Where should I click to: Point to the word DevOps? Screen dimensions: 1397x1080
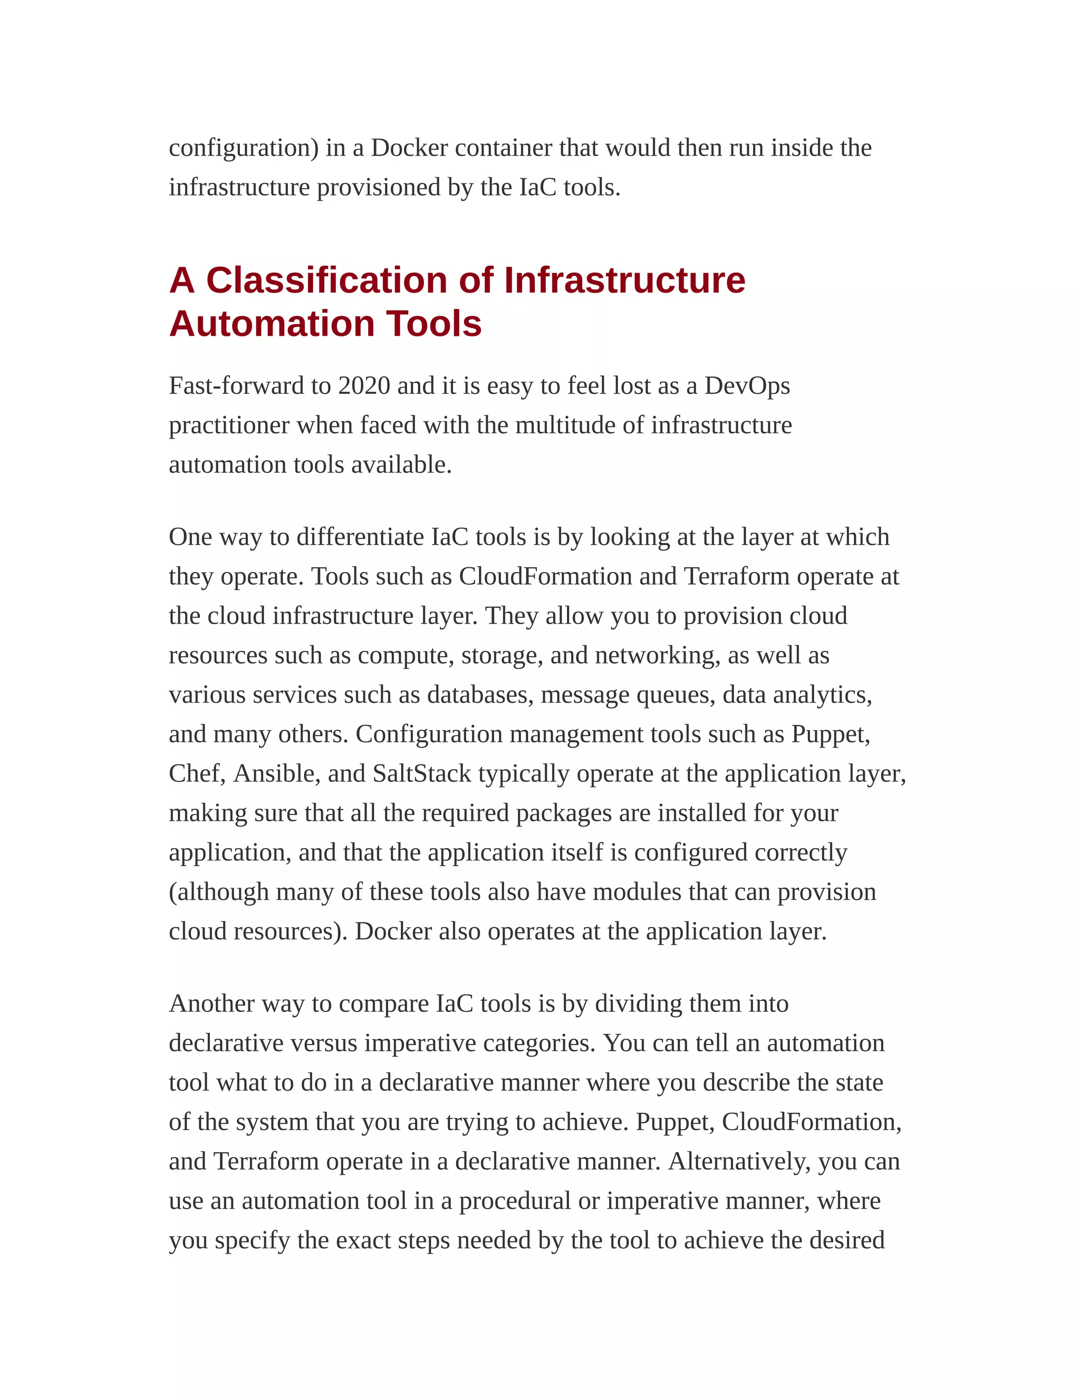(x=747, y=386)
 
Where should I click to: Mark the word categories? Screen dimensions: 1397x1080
(x=539, y=1043)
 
